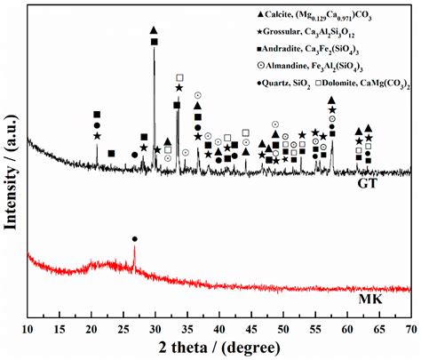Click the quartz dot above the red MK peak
[134, 239]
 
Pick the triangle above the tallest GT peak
[154, 30]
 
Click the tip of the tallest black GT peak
[155, 50]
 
